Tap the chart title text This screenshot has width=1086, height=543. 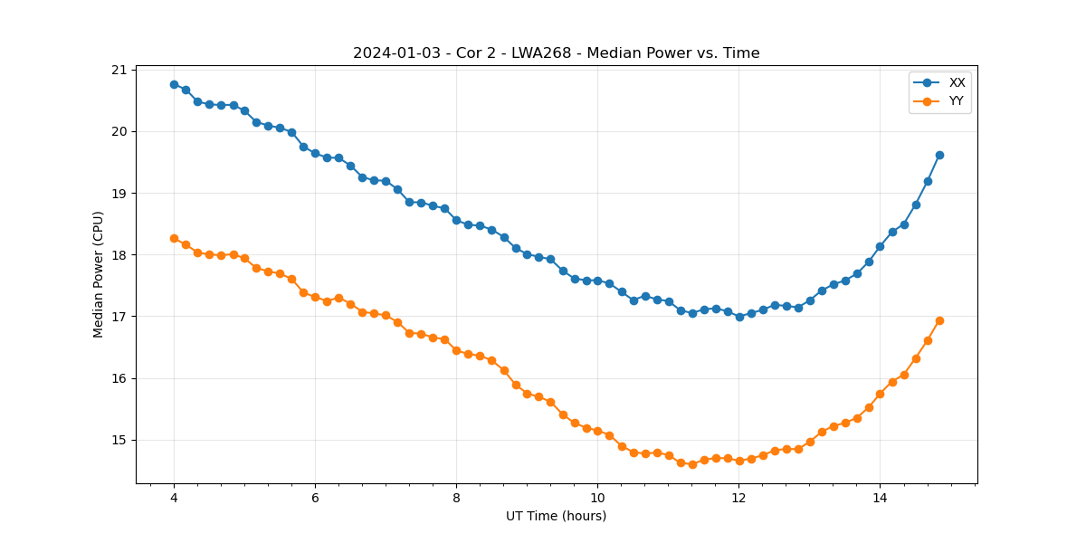click(556, 53)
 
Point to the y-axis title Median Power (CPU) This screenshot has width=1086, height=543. click(99, 274)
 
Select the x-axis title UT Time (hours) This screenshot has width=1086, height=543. click(556, 516)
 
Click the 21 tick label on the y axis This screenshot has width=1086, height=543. click(119, 70)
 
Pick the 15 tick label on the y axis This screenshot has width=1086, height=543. click(119, 441)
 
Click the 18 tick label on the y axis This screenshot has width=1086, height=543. click(119, 255)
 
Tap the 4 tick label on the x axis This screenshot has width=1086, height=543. click(174, 498)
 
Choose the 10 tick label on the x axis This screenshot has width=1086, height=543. click(597, 498)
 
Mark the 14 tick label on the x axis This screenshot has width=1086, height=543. click(880, 498)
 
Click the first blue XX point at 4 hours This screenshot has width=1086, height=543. click(174, 84)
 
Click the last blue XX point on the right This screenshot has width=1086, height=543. click(939, 155)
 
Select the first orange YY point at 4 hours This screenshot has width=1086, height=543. click(174, 238)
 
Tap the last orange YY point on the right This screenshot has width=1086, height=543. click(939, 320)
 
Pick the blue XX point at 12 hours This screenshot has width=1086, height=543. click(739, 317)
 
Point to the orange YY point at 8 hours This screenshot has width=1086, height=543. click(456, 350)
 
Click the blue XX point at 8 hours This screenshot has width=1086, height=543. click(456, 220)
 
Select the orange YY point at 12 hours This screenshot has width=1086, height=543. click(739, 461)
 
